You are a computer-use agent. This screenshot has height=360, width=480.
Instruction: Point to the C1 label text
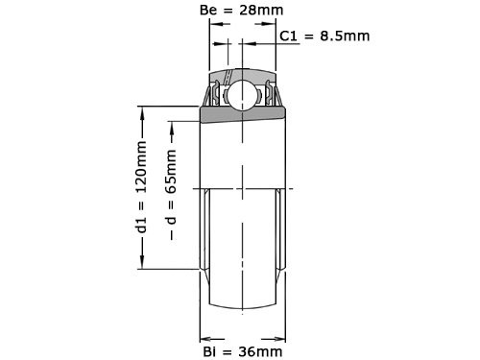coord(290,36)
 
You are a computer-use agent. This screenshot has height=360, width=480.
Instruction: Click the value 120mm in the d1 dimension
coord(141,168)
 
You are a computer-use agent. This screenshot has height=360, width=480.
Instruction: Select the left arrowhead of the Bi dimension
coord(204,337)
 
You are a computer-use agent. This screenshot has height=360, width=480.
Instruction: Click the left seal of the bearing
coord(212,96)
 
